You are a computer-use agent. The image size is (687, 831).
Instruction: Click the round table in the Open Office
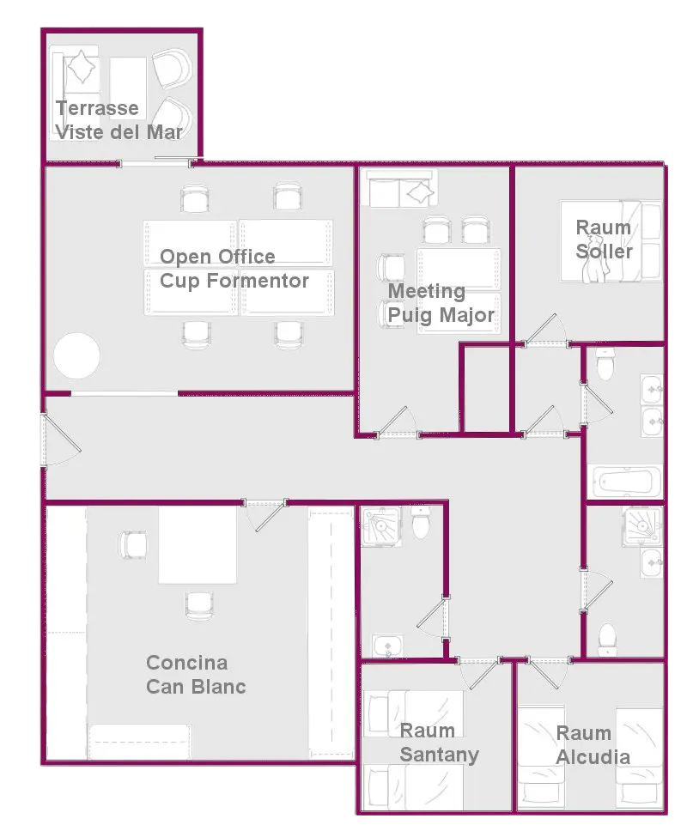tap(77, 355)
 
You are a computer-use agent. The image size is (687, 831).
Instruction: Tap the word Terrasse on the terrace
tap(98, 108)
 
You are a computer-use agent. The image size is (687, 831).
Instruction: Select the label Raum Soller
tap(605, 239)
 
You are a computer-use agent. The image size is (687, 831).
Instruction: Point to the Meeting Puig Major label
tap(441, 303)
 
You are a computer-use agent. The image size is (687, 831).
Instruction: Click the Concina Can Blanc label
tap(196, 674)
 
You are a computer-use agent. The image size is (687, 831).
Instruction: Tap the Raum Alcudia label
tap(593, 745)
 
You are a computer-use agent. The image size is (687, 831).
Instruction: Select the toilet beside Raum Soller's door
tap(605, 364)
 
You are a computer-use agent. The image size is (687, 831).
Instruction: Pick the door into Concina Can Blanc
tap(265, 513)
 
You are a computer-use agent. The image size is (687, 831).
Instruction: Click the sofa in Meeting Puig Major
tap(403, 189)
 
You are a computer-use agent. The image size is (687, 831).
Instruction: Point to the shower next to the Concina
tap(380, 525)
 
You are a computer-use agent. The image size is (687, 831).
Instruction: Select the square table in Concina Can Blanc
tap(198, 545)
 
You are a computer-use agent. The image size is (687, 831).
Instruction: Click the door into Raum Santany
tap(478, 673)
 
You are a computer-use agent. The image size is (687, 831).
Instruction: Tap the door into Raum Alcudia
tap(550, 673)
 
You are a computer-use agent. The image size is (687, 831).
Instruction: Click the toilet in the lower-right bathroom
tap(607, 640)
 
